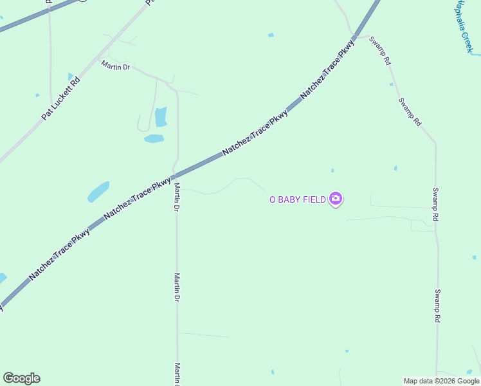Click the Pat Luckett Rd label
point(61,98)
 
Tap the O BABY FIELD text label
point(297,199)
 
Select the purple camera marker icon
point(335,199)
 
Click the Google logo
point(21,378)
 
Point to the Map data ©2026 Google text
point(442,381)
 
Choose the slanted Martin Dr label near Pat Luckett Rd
point(115,65)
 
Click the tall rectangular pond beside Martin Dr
point(161,116)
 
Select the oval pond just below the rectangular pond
point(154,138)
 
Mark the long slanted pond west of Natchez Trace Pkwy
point(98,191)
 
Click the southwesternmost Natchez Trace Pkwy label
point(59,255)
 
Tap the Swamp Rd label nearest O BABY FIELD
point(435,205)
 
